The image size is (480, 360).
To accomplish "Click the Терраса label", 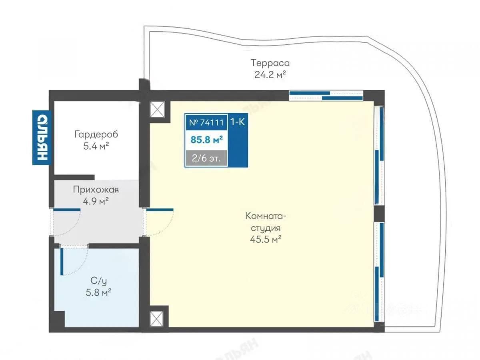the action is pyautogui.click(x=270, y=63).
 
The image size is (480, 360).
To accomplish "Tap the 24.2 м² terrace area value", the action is pyautogui.click(x=270, y=74).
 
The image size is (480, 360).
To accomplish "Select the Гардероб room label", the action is pyautogui.click(x=96, y=134).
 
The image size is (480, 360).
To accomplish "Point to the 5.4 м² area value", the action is pyautogui.click(x=96, y=146).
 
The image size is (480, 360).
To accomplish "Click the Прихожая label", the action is pyautogui.click(x=96, y=190).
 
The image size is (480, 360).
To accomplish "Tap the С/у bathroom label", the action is pyautogui.click(x=96, y=281).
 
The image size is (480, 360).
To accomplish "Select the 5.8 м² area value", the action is pyautogui.click(x=96, y=292).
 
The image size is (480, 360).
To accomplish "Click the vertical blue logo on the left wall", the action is pyautogui.click(x=42, y=138).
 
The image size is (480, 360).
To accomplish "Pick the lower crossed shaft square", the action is pyautogui.click(x=157, y=319).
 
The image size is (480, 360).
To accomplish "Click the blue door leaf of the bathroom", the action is pyautogui.click(x=62, y=262).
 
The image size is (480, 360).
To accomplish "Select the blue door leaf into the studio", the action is pyautogui.click(x=160, y=209).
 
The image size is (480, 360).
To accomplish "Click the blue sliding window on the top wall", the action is pyautogui.click(x=326, y=95).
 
